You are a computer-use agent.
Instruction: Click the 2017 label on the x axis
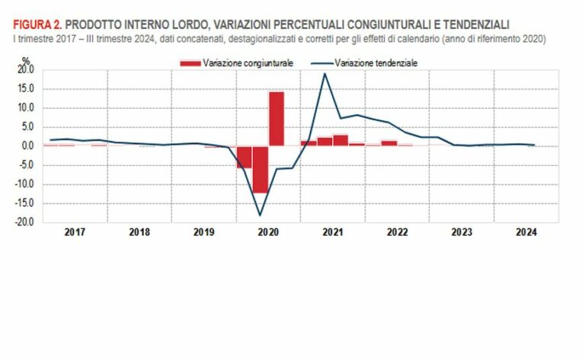click(75, 233)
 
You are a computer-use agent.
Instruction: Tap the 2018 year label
click(139, 233)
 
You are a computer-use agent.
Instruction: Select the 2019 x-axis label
click(204, 233)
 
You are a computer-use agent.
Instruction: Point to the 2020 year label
click(268, 233)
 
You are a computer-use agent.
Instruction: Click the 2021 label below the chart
click(333, 233)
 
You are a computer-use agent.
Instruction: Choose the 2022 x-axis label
click(397, 233)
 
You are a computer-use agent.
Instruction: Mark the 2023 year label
click(462, 233)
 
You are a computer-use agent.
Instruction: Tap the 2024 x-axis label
click(526, 233)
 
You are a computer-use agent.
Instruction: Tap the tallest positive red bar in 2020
click(277, 118)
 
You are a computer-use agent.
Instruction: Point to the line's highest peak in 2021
click(325, 74)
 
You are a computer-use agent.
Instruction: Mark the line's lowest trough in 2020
click(261, 215)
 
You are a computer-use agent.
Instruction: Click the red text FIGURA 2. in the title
click(37, 26)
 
